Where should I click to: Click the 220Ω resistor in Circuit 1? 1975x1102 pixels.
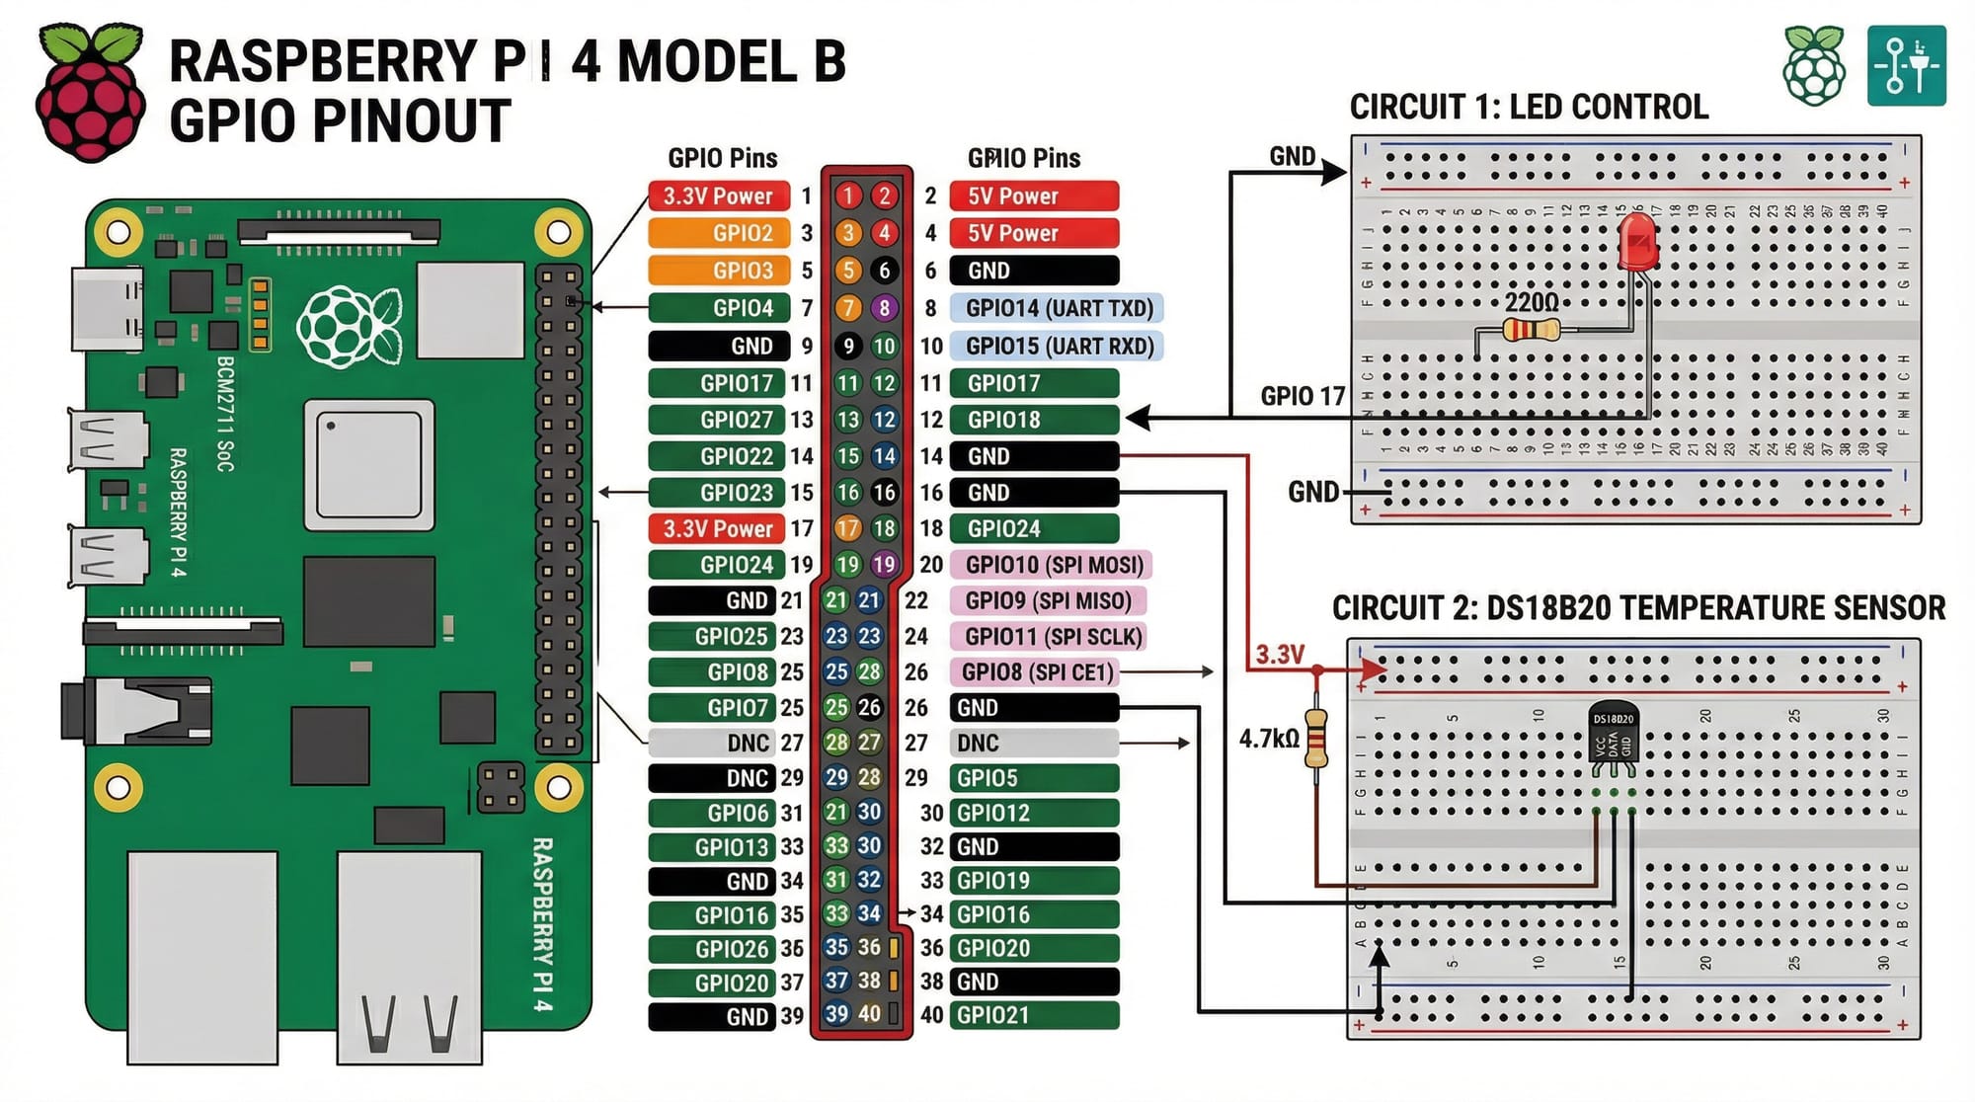click(1531, 330)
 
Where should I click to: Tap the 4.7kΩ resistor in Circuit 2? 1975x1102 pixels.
click(1315, 739)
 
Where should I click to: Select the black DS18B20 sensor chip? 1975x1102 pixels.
click(1613, 738)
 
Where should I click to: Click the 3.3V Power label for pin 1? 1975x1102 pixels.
click(718, 196)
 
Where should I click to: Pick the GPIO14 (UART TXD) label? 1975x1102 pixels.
click(1058, 308)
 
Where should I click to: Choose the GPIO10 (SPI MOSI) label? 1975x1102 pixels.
click(1052, 565)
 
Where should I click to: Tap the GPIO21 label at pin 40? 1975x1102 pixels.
click(1033, 1015)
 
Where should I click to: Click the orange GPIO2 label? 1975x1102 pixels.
click(719, 233)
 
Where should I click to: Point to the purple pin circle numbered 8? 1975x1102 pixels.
click(884, 308)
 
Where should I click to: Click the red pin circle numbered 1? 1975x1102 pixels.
click(847, 196)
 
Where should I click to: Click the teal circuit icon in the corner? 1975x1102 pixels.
click(1906, 66)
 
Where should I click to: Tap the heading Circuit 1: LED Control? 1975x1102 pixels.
click(1529, 107)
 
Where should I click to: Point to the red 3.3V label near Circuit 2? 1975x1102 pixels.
click(1280, 654)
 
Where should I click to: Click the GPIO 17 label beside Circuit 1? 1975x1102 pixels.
click(1302, 397)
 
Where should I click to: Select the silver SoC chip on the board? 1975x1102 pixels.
click(369, 465)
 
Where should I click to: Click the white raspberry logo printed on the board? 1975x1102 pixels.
click(348, 327)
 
